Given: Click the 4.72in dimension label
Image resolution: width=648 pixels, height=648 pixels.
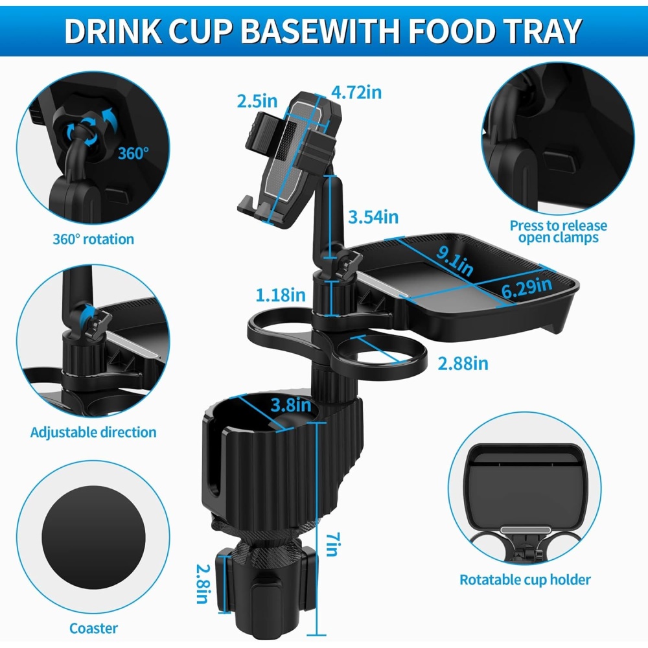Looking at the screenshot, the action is coord(356,92).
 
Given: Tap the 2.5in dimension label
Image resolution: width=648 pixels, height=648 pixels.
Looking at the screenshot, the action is coord(257,101).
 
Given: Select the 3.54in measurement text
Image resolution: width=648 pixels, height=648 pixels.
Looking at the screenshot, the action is coord(373,217).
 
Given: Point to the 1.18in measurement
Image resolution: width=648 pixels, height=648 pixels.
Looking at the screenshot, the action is coord(281,295).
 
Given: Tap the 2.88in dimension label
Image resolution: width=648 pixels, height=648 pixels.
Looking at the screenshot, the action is coord(463,364).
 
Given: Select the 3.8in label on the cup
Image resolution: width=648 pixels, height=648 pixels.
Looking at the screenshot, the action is coord(291,405).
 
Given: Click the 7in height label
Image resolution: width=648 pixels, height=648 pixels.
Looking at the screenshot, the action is coord(332,544).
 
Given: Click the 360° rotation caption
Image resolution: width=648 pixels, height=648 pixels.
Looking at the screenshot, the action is coord(93,239).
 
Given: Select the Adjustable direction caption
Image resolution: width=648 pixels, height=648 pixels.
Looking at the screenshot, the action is coord(93,432).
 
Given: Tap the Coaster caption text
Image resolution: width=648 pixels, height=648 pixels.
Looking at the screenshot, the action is coord(93,628).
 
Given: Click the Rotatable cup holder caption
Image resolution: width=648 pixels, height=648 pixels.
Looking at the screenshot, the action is coord(526,580).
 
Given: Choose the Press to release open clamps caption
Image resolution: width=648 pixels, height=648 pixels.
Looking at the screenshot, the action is coord(559,232).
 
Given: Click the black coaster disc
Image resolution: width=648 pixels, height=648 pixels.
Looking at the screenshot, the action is coord(94,537).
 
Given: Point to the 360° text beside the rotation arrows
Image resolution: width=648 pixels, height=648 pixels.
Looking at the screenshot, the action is coord(133,154).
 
